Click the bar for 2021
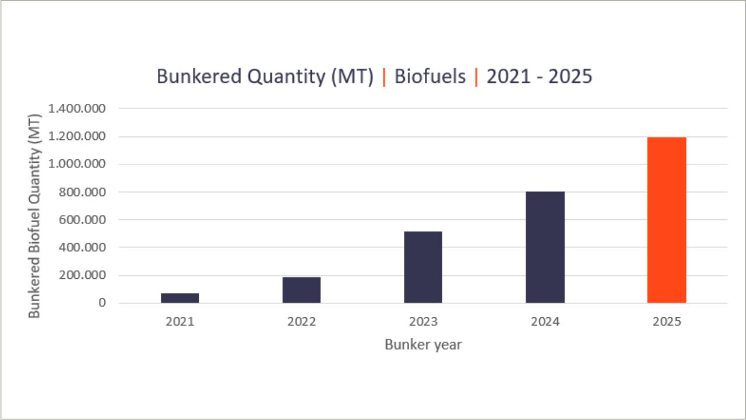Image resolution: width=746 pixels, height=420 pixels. click(180, 297)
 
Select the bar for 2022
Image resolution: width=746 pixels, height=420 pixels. click(301, 290)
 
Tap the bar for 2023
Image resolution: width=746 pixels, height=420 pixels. click(423, 267)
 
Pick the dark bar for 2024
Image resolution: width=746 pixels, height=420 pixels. click(545, 247)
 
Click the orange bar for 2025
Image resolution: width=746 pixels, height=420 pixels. click(667, 220)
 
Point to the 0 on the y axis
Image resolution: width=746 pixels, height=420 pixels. click(102, 303)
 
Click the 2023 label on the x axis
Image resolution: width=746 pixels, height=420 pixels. click(423, 321)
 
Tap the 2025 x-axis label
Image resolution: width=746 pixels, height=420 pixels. click(667, 321)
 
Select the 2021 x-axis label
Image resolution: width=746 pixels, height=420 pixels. click(180, 321)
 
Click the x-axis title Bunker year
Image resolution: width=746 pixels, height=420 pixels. click(423, 345)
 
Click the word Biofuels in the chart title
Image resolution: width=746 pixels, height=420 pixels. click(430, 77)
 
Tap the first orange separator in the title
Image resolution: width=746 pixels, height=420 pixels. click(384, 77)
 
